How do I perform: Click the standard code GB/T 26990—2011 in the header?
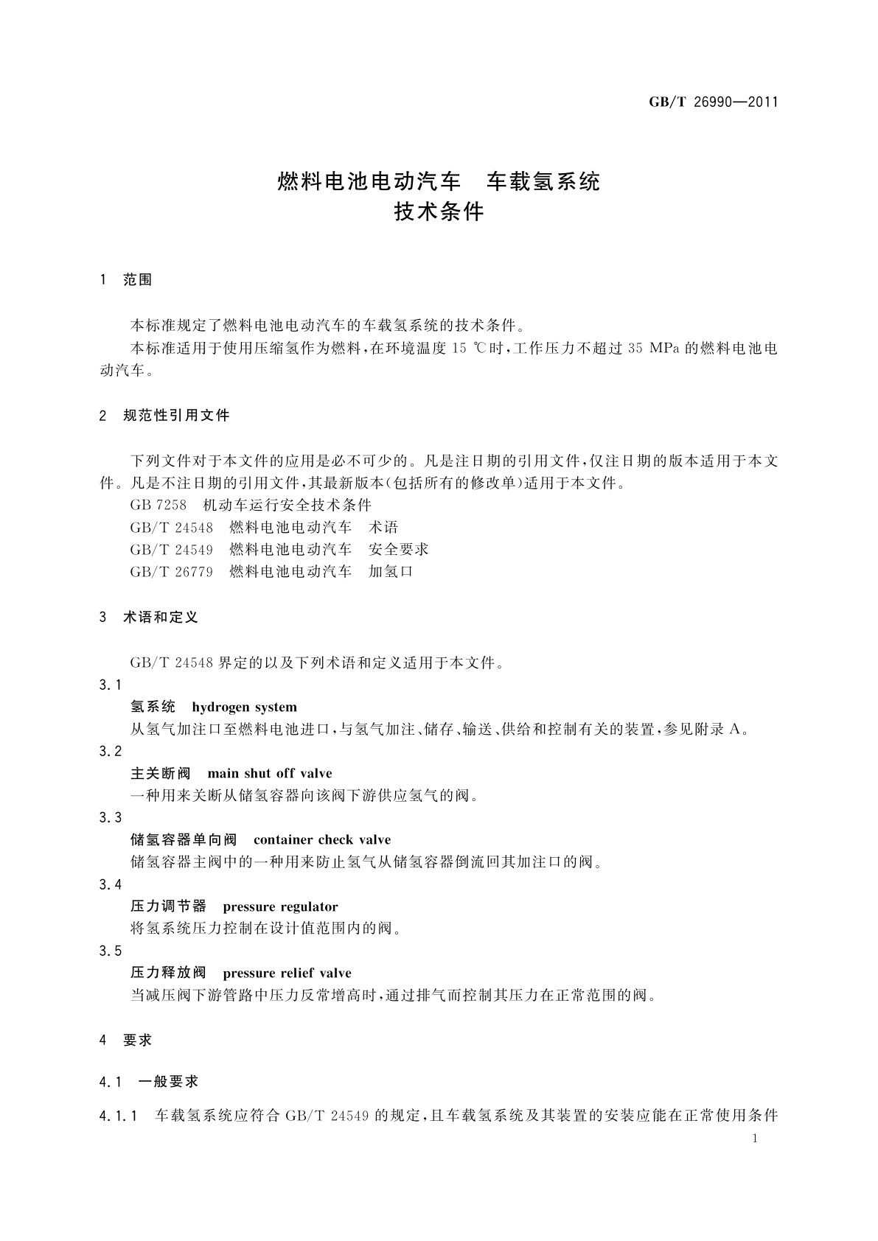pos(714,102)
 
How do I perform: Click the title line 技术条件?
pos(439,212)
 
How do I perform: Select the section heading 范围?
pos(138,280)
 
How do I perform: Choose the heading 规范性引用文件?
pos(177,416)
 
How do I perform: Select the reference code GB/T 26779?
pos(171,572)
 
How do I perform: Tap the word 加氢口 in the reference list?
pos(391,572)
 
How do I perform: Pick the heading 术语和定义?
pos(161,618)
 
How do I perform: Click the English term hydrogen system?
pos(244,707)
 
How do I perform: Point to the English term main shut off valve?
pos(270,774)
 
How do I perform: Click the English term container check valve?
pos(322,840)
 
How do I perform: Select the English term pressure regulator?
pos(280,907)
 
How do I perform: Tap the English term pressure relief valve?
pos(287,973)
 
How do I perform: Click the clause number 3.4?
pos(111,885)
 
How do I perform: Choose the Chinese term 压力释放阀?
pos(168,973)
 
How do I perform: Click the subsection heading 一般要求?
pos(169,1082)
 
